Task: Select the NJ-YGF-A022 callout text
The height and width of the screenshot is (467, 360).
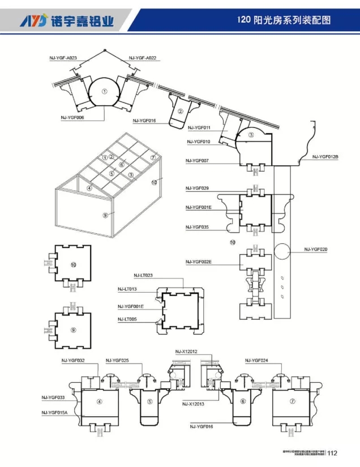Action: [142, 58]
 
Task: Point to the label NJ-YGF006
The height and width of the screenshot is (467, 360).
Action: [72, 118]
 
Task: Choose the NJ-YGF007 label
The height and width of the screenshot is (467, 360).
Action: [197, 161]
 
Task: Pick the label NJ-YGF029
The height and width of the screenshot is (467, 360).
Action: [197, 187]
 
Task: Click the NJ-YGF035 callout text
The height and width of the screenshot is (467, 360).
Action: [197, 227]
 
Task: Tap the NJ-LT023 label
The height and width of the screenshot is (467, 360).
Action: [143, 276]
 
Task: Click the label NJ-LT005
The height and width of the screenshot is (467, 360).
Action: [128, 319]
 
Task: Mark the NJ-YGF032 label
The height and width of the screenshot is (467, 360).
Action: [73, 360]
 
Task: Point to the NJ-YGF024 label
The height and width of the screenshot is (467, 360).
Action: [256, 360]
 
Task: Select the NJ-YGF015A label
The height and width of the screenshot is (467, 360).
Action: [54, 413]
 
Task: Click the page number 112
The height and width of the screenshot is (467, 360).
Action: [332, 453]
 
